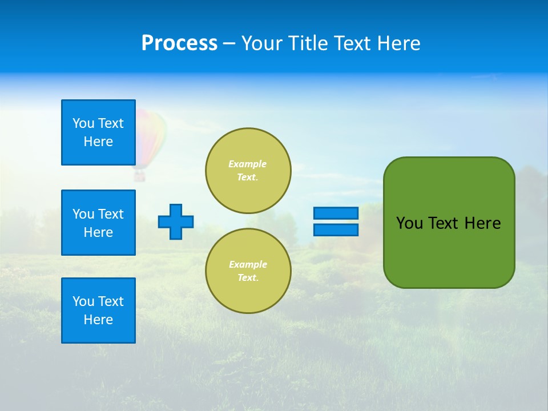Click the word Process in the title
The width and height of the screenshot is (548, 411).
click(179, 43)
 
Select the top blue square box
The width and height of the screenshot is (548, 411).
click(98, 132)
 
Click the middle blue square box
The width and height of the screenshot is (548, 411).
click(98, 223)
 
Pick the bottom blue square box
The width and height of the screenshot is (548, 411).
click(98, 311)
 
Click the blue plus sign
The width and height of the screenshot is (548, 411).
click(176, 221)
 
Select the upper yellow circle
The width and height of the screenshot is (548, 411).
click(248, 171)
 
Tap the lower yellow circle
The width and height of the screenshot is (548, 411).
click(248, 271)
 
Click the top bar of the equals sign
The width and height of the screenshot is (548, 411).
click(336, 213)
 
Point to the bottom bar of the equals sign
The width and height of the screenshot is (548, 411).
click(336, 230)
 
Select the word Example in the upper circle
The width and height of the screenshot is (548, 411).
click(247, 164)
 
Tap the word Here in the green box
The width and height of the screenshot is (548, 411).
click(482, 223)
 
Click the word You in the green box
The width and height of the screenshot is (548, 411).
click(409, 223)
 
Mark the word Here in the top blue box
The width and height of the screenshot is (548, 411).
click(98, 142)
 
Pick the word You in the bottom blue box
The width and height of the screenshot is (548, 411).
click(83, 301)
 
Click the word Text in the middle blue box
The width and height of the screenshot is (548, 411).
click(111, 214)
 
